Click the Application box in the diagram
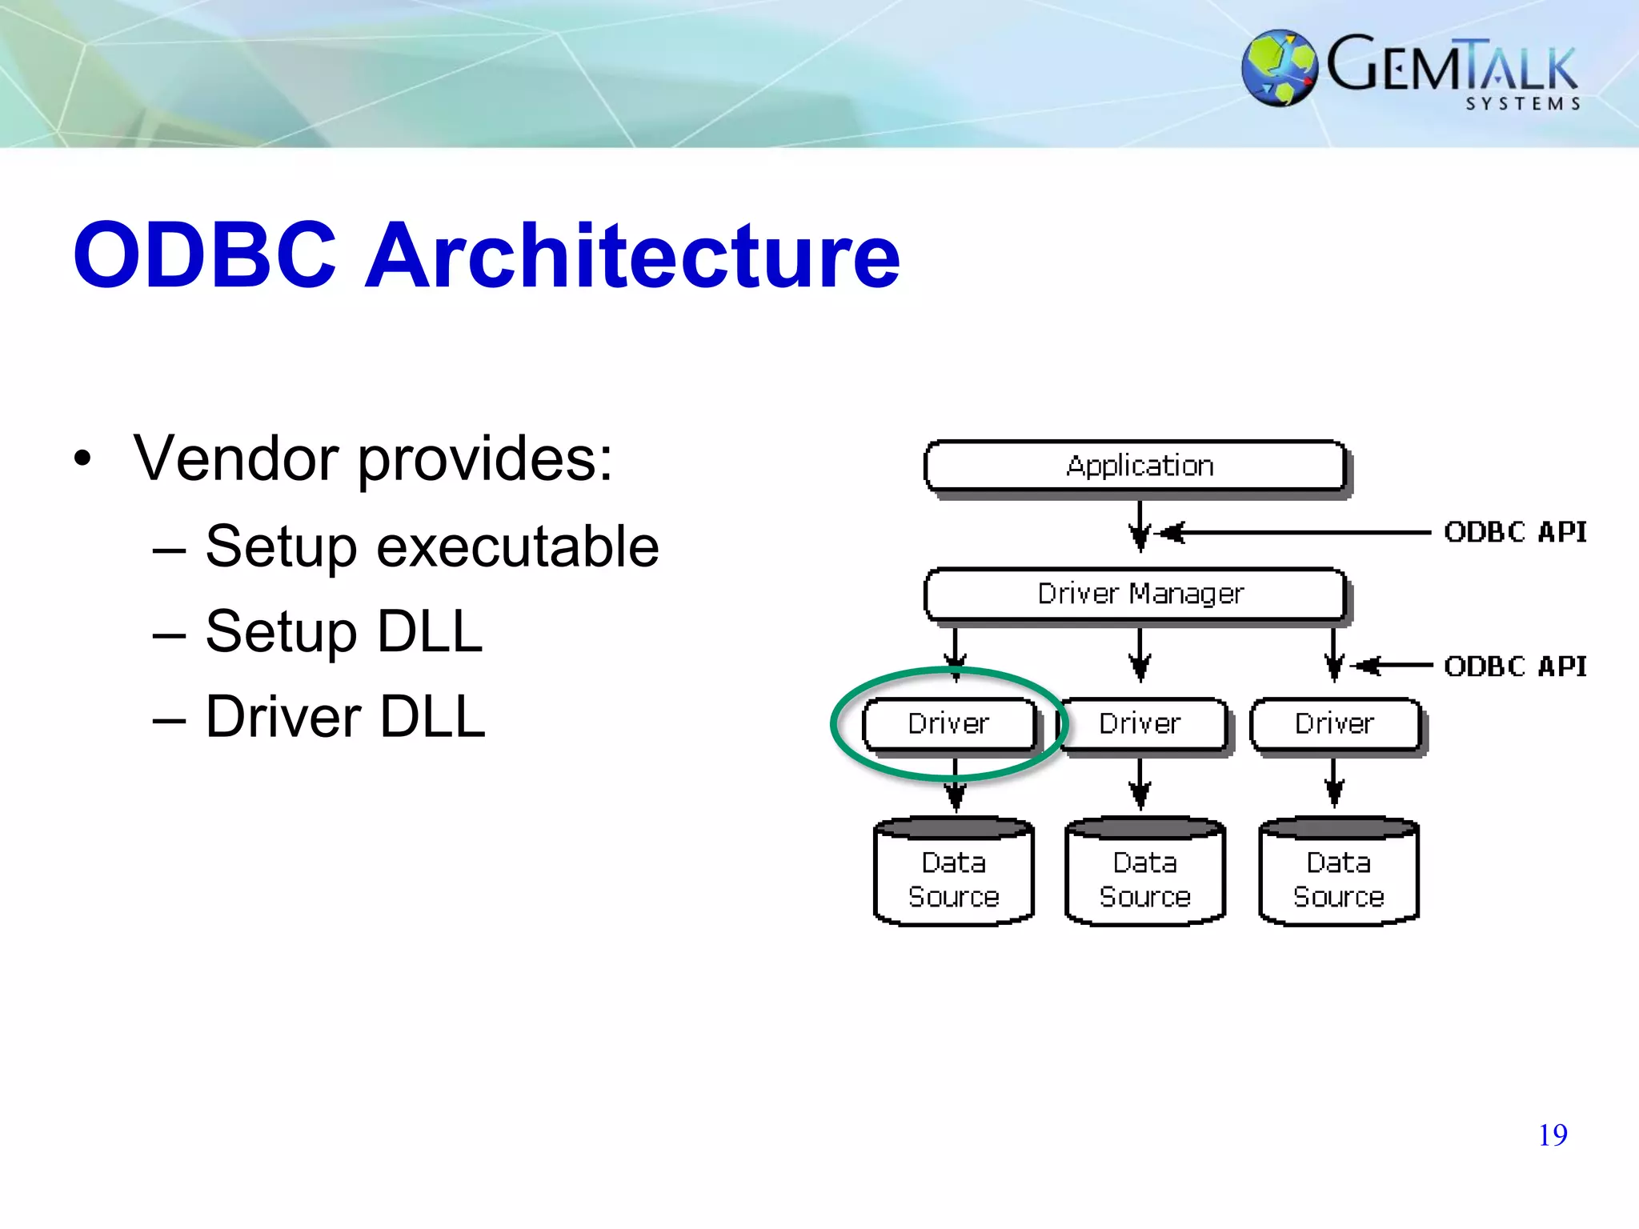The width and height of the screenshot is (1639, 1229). tap(1136, 466)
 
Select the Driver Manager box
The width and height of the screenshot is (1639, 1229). tap(1136, 594)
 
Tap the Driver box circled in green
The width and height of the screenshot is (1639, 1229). tap(949, 724)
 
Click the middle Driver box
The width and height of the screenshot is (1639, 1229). tap(1140, 724)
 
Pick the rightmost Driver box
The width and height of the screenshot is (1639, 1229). tap(1335, 724)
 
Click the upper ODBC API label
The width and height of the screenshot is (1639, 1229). tap(1515, 532)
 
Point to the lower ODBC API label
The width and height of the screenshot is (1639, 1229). tap(1515, 667)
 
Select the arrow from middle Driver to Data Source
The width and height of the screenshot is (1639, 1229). tap(1140, 784)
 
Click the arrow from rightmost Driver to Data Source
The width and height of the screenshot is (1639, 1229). tap(1334, 784)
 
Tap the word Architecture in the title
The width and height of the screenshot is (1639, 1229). tap(632, 256)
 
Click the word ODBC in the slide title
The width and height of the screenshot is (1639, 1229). tap(205, 256)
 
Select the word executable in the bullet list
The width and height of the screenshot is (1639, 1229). tap(518, 547)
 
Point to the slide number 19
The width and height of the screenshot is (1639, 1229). tap(1553, 1135)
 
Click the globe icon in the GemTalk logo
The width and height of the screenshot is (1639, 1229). tap(1279, 68)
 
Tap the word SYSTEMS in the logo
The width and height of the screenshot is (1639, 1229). tap(1523, 104)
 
